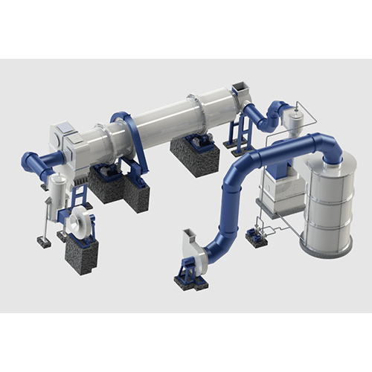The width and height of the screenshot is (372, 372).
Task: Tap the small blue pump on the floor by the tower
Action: point(257,236)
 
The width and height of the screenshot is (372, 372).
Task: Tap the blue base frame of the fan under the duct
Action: point(190,279)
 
